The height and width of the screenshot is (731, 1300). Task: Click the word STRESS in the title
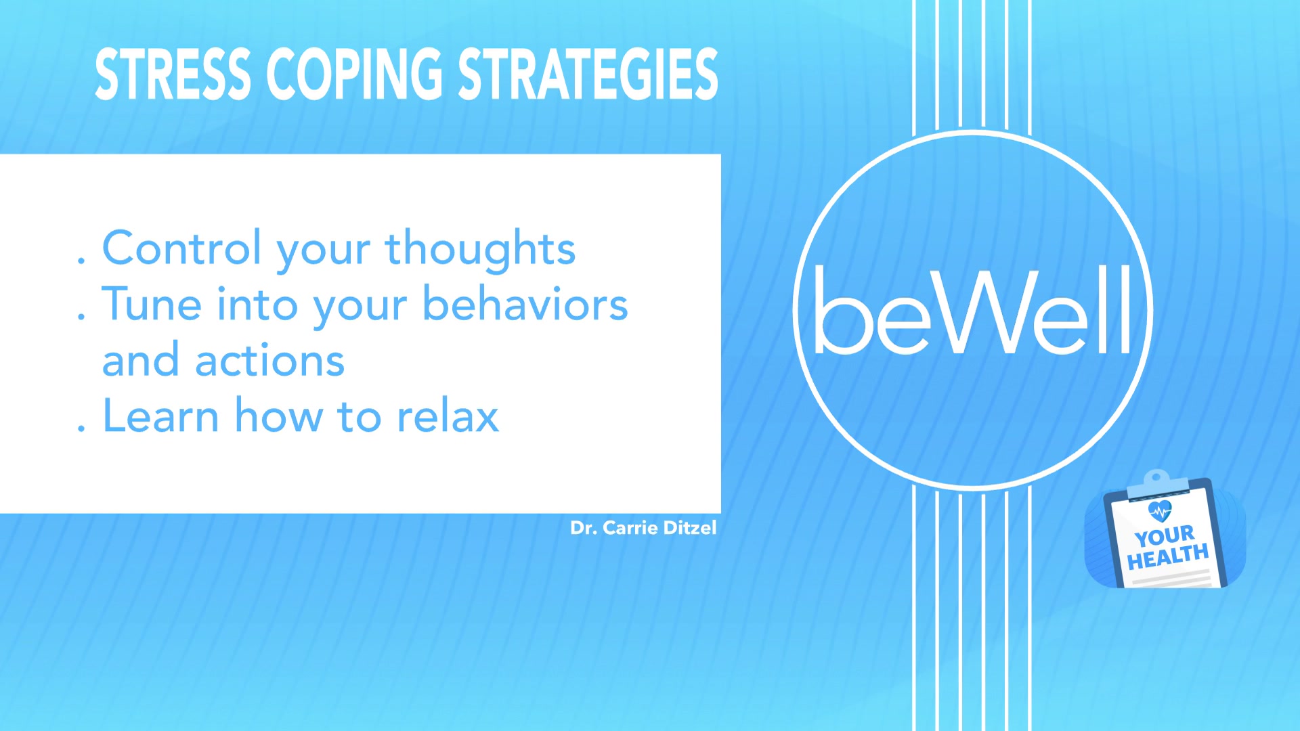173,74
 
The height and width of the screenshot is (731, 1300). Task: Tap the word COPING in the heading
354,74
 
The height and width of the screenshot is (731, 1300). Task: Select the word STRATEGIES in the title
588,74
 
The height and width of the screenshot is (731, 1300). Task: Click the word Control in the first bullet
181,248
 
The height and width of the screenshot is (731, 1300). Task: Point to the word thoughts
480,249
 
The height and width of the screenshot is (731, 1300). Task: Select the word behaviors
525,304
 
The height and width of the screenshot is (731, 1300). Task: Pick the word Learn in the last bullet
160,416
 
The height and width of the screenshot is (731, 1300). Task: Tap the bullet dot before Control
81,259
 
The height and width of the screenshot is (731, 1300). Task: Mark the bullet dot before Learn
81,427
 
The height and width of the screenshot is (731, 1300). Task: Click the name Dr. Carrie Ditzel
643,528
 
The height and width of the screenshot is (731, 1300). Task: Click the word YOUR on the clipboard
1165,537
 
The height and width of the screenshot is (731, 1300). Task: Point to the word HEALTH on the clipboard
1168,557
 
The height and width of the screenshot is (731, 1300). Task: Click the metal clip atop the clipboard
1156,481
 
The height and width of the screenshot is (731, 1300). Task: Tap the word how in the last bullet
279,416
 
